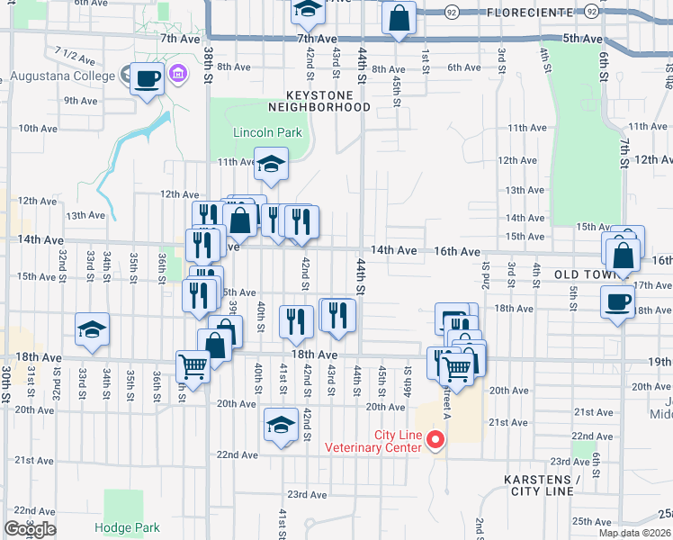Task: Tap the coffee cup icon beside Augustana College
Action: [x=147, y=77]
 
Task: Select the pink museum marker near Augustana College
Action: [x=177, y=73]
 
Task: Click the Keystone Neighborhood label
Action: [x=328, y=100]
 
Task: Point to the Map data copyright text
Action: [x=634, y=533]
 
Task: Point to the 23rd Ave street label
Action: [x=307, y=495]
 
